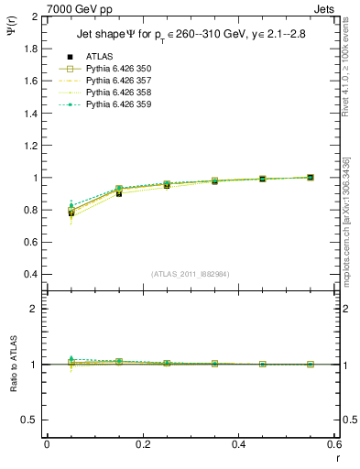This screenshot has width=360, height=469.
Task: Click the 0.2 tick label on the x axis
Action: point(142,445)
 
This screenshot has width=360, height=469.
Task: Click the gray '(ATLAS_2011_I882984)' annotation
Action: point(189,274)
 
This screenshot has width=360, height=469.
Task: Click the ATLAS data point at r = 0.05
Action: point(71,213)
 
